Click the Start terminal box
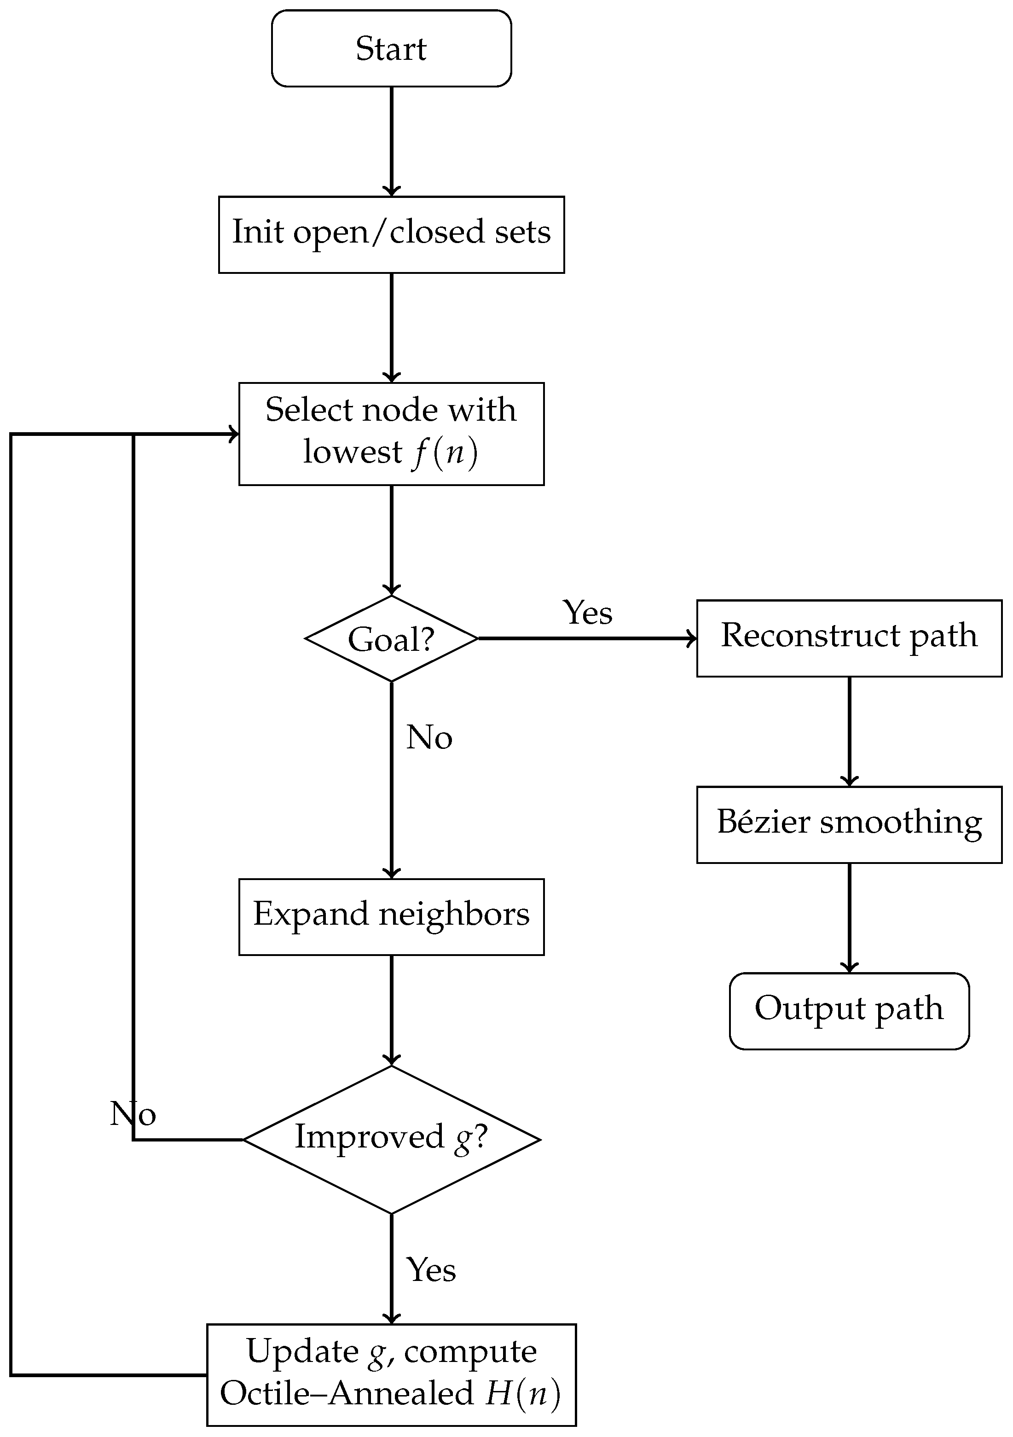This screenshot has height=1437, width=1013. click(x=391, y=48)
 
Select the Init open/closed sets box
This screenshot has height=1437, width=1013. click(x=391, y=235)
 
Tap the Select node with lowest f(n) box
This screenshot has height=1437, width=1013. click(x=391, y=434)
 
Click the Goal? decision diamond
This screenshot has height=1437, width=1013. click(x=391, y=638)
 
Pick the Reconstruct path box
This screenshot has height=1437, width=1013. click(x=849, y=638)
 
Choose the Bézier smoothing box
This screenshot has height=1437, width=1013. click(x=849, y=825)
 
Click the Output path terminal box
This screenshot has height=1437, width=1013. click(x=849, y=1011)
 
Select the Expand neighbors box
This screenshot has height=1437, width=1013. click(x=391, y=917)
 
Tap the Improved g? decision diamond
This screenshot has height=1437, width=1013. click(x=391, y=1140)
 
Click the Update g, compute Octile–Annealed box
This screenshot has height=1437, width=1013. click(x=391, y=1375)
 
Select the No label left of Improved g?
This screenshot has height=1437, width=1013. click(x=133, y=1113)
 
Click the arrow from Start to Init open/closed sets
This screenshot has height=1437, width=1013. click(x=391, y=141)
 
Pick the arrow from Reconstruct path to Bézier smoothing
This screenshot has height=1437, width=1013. click(x=849, y=732)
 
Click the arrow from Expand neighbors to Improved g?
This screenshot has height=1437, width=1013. click(x=391, y=1011)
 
